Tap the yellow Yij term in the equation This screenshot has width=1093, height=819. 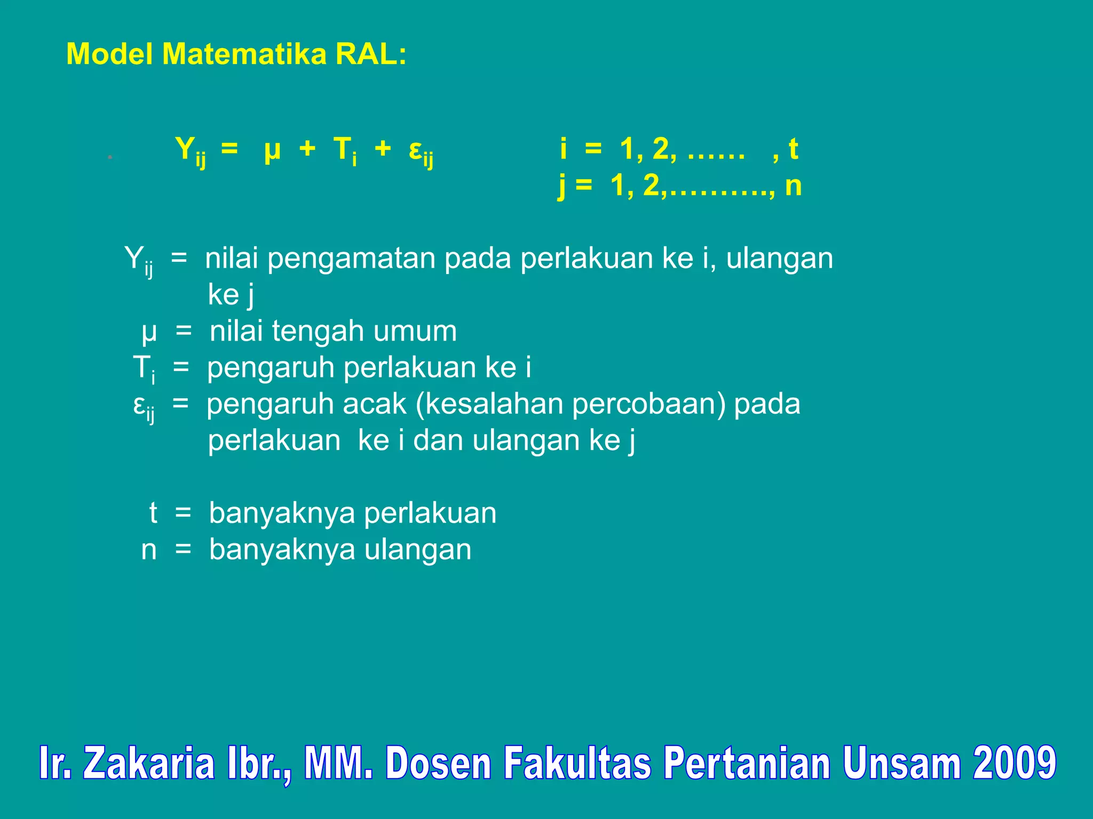(190, 150)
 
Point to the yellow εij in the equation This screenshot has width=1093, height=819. (421, 151)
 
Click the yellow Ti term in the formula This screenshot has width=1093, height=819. (345, 150)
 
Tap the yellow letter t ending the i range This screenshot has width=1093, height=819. (793, 149)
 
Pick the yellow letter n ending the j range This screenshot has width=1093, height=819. (793, 186)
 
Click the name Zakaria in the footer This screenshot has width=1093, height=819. (149, 764)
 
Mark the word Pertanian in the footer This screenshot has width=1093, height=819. (747, 764)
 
